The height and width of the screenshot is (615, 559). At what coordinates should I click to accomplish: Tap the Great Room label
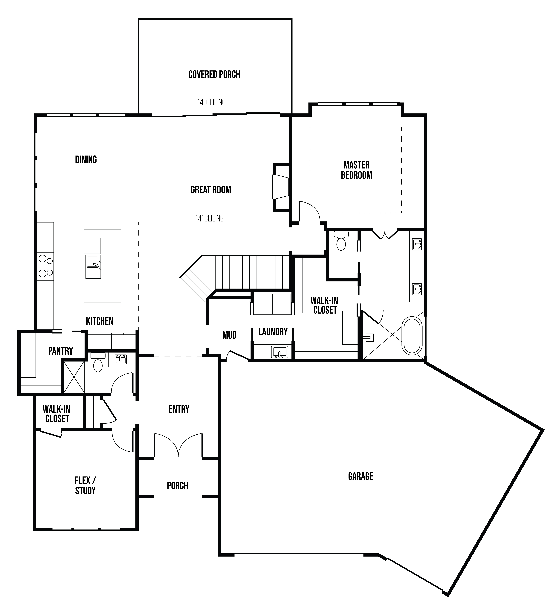click(211, 190)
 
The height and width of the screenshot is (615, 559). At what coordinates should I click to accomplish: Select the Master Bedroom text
click(356, 170)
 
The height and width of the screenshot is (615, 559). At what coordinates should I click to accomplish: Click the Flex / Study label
click(85, 486)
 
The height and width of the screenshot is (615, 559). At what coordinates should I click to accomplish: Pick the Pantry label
click(60, 351)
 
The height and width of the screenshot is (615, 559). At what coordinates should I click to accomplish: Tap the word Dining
click(86, 160)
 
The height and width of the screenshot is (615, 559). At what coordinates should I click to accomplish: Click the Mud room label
click(229, 335)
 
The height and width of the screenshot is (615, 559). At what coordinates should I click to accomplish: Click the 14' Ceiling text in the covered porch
click(211, 102)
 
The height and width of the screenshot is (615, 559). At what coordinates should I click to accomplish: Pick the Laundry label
click(273, 332)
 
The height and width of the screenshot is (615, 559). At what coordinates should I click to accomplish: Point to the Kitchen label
click(100, 321)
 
